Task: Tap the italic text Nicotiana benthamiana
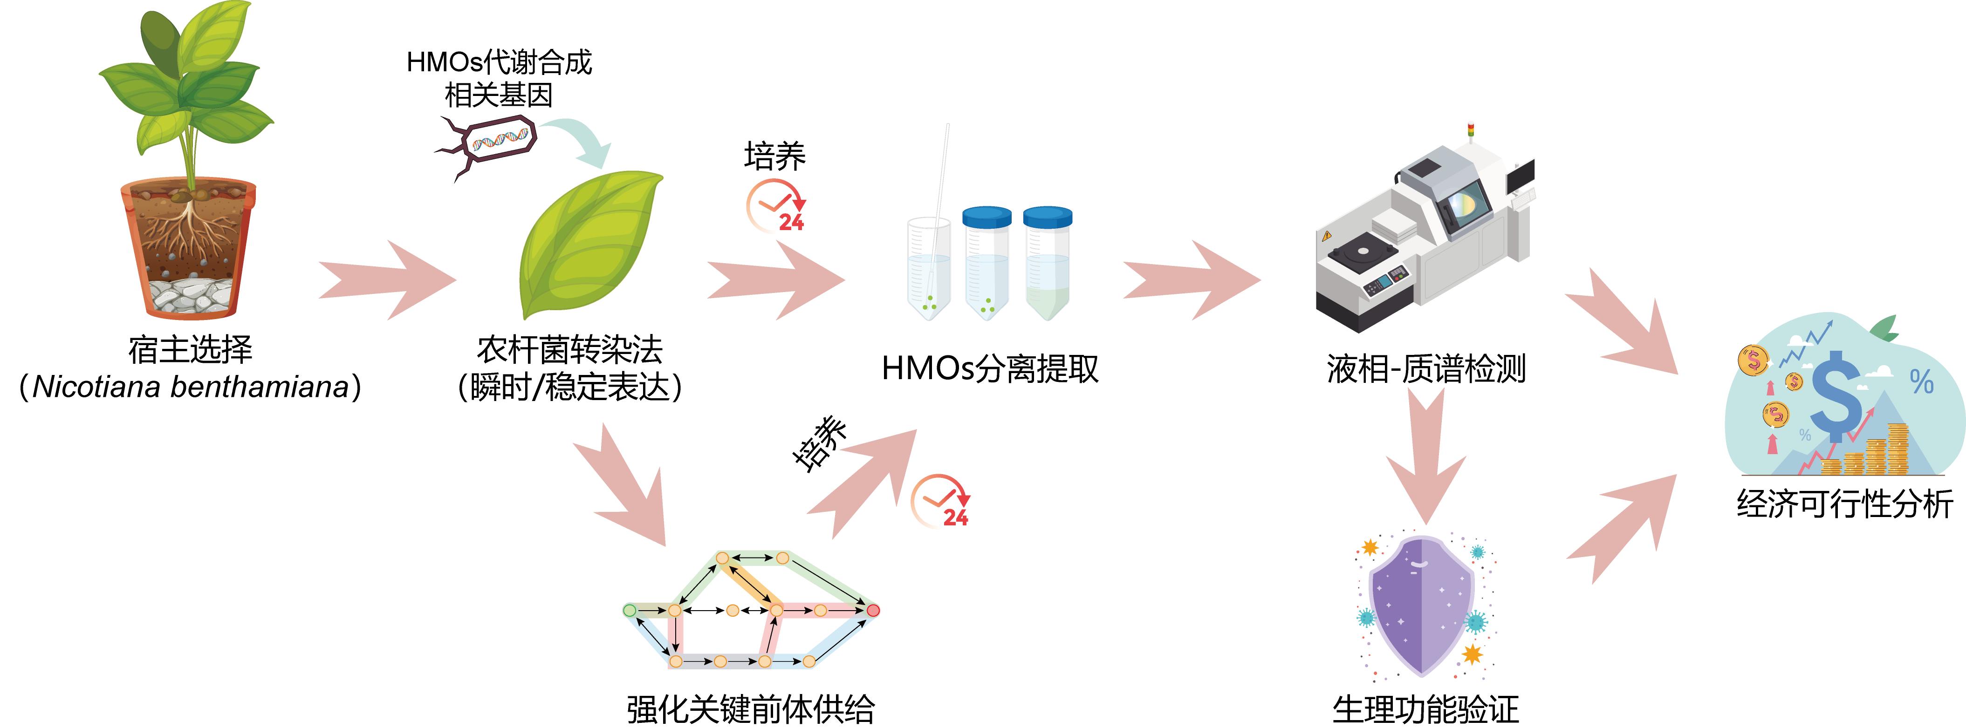point(191,387)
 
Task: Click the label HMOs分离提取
point(990,368)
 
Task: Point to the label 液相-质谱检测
point(1425,368)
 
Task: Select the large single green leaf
point(588,244)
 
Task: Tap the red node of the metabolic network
point(873,610)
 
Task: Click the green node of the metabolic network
point(630,610)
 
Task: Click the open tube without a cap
point(929,267)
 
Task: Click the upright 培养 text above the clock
point(774,156)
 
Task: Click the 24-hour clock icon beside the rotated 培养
point(940,501)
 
